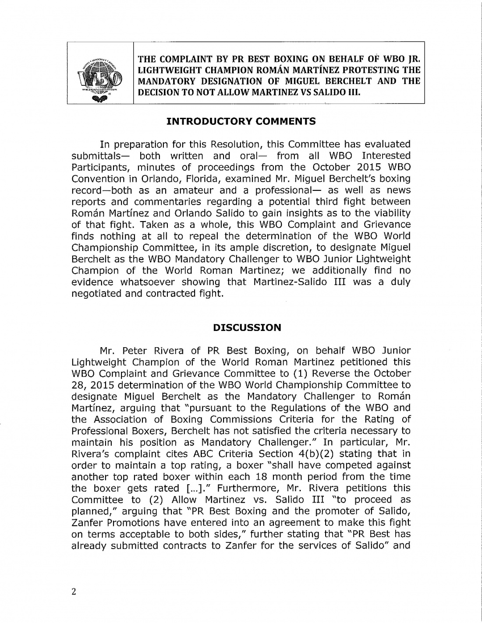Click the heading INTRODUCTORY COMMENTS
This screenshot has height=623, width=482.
point(241,121)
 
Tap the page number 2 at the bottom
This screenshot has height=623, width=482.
point(74,592)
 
